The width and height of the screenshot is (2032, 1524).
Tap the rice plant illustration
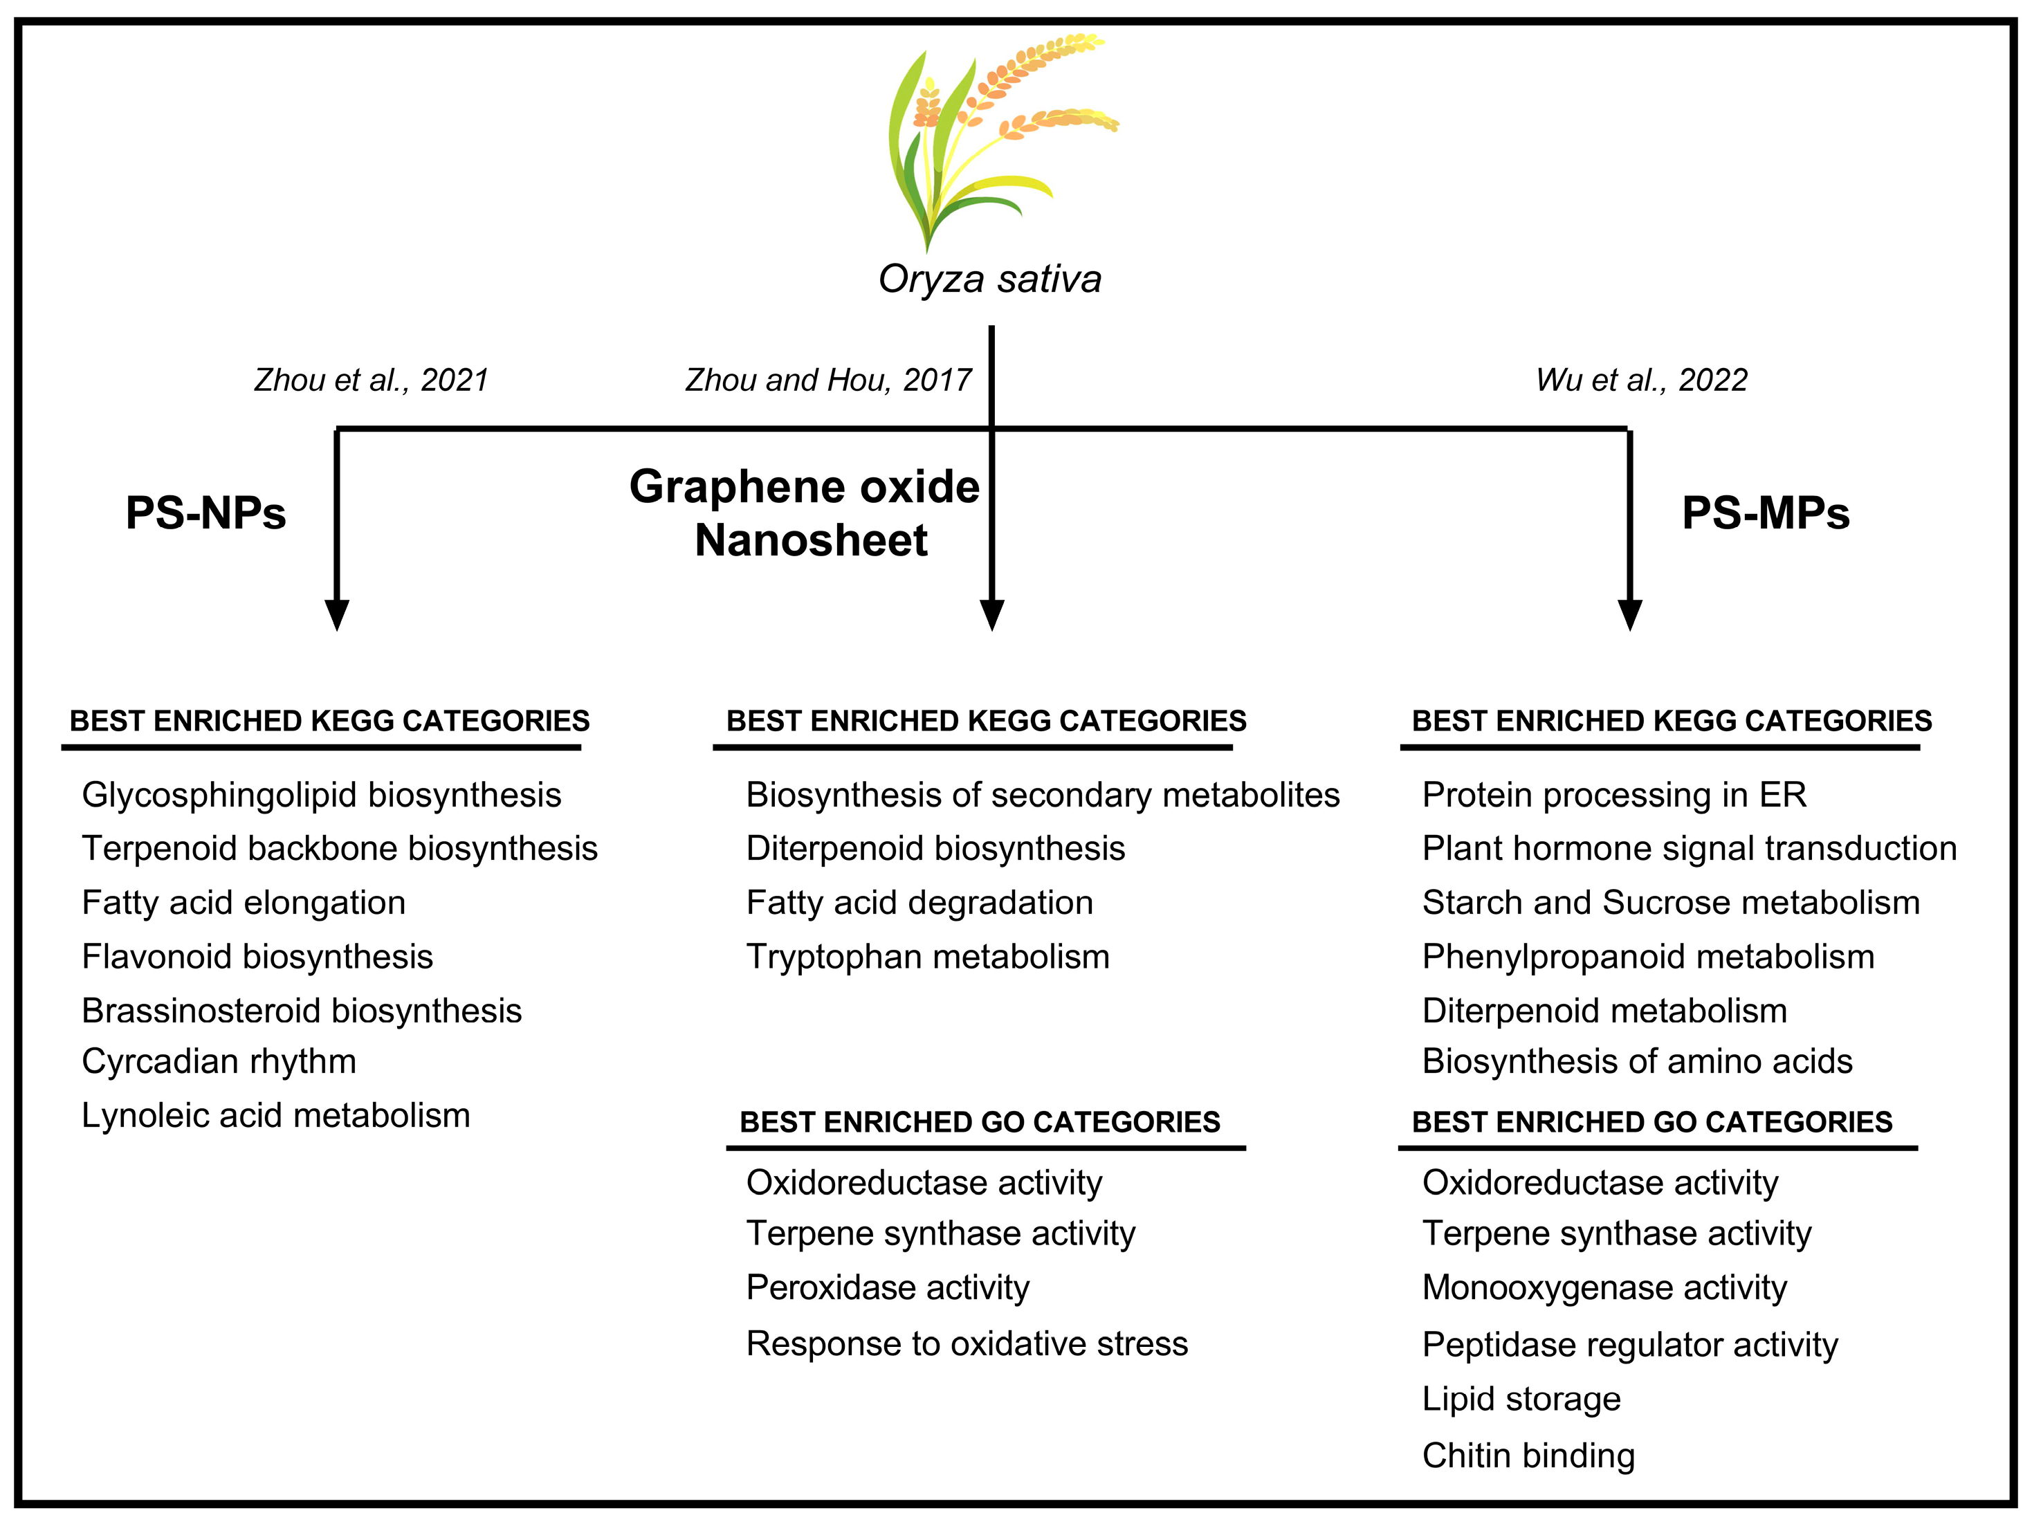pos(992,138)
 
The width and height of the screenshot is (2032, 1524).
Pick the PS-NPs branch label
pos(205,513)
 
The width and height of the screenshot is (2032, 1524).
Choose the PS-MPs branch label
pos(1765,513)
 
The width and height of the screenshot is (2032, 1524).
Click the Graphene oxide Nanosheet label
pos(805,513)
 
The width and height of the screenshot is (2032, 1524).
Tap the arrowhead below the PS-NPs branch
pos(337,614)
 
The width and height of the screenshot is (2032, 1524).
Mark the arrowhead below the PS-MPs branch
pos(1629,614)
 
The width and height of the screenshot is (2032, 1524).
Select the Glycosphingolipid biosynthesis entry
pos(322,796)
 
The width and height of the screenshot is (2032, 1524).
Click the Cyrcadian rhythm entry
pos(219,1062)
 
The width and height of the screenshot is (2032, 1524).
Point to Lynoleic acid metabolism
pos(275,1116)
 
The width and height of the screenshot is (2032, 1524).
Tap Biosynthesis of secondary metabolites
pos(1043,796)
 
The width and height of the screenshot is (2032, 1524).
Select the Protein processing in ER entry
pos(1614,796)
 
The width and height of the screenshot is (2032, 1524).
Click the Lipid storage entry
pos(1521,1399)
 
